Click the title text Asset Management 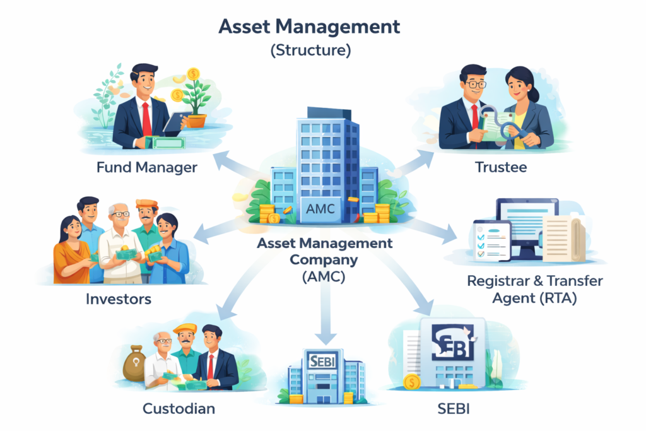click(x=309, y=27)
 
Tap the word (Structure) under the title click(x=310, y=50)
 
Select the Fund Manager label click(x=147, y=168)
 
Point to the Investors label click(x=119, y=298)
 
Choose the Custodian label click(x=179, y=408)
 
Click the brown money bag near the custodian click(x=134, y=363)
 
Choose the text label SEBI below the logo click(x=454, y=408)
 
